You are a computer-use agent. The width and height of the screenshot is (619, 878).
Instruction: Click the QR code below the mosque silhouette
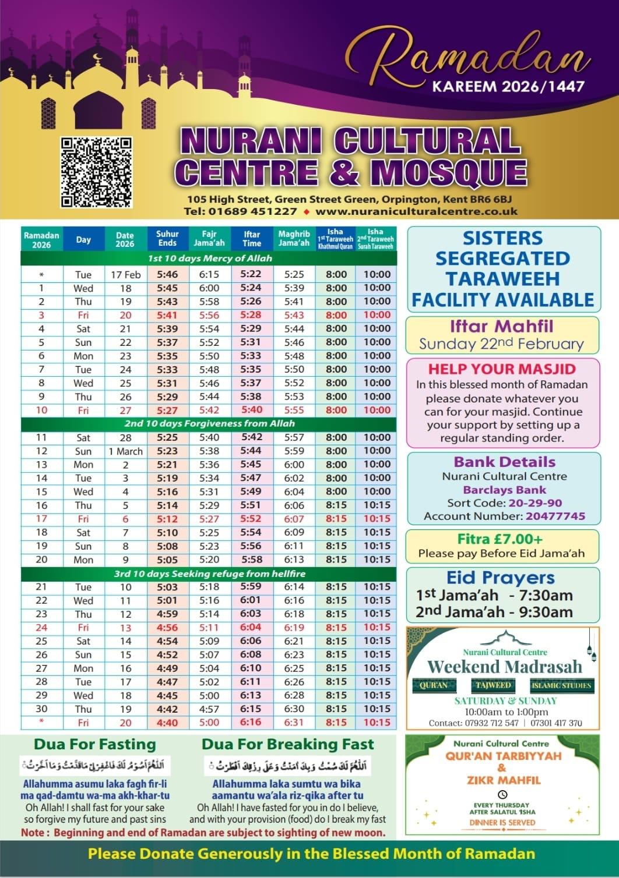96,172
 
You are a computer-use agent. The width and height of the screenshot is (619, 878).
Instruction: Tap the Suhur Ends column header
167,239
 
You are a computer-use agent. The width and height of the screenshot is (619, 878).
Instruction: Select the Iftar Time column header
252,239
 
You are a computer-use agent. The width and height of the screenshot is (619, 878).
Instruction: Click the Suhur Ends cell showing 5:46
167,274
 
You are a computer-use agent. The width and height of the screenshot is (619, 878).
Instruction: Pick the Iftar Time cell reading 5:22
251,274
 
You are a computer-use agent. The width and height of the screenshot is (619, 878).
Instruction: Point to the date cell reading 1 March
125,451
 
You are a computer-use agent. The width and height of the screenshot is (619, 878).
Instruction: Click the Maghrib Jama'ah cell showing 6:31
294,723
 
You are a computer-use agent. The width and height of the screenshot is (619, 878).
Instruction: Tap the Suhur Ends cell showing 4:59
167,614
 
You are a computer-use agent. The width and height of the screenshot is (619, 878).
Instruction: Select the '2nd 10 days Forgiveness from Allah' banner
209,424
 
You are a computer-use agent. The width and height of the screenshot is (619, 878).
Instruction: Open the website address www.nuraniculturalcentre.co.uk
416,211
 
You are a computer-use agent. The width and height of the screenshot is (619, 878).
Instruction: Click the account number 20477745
555,516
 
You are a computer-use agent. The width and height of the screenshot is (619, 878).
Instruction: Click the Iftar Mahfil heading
501,326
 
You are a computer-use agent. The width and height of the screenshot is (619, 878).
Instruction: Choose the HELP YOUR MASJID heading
502,369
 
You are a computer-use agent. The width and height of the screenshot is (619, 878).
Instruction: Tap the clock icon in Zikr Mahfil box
502,794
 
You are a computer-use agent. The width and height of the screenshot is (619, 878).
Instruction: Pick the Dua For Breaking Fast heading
288,745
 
